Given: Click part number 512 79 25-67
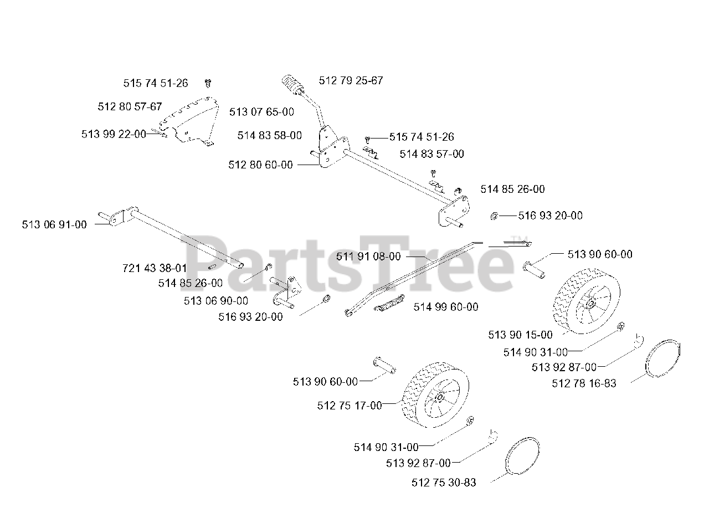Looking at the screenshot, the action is coord(351,80).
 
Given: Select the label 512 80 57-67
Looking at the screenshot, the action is coord(130,106).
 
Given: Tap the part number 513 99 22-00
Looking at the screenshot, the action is coord(114,134).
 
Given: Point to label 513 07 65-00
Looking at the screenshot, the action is coord(261,112).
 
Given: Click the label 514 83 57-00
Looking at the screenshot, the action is coord(431,154).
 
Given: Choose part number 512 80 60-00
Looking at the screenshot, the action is coord(260,165).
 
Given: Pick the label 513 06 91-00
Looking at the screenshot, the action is coord(54,224).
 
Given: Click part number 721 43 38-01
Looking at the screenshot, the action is coord(155,268).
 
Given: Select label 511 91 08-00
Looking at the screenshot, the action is coord(368,257).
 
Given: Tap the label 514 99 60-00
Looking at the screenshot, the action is coord(446,307).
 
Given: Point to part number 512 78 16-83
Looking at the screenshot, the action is coord(584,383).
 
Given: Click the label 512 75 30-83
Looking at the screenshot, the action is coord(444,483).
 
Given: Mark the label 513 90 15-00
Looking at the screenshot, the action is coord(520,335).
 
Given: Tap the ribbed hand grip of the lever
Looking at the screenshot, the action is coord(292,84).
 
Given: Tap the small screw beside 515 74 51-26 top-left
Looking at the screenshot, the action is coord(208,83).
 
